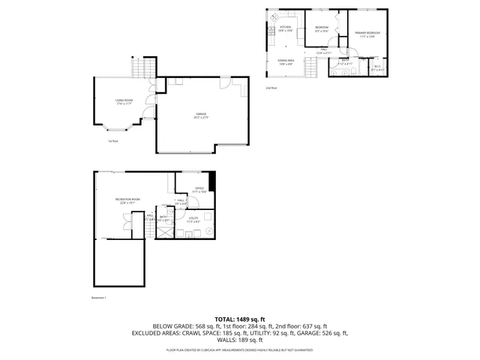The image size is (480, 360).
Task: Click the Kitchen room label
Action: point(286,28)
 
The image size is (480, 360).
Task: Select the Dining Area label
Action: point(286,61)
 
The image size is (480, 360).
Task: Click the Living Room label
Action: point(123,101)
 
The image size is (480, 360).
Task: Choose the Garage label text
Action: point(201,115)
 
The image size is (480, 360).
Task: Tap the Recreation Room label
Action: point(125,200)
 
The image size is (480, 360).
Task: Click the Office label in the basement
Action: point(199,189)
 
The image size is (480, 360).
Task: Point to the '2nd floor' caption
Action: point(271,88)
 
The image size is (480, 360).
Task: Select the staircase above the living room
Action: point(142,69)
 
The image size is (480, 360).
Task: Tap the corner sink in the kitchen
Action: point(274,16)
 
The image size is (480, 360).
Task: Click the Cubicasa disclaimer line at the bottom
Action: point(240,349)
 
